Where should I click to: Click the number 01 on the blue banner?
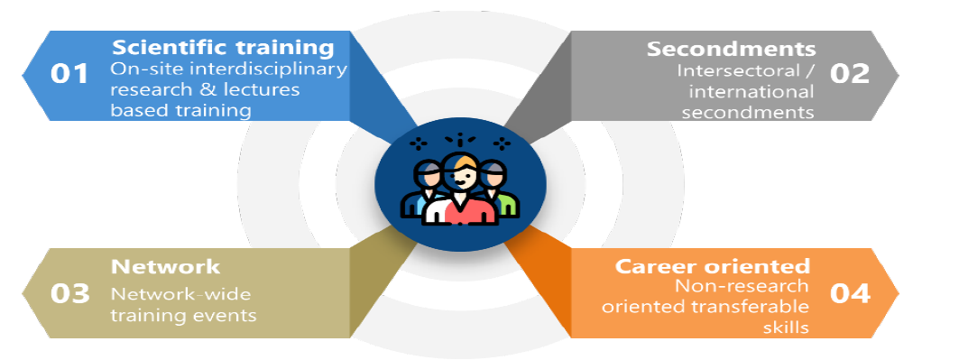[69, 74]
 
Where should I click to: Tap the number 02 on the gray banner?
[850, 73]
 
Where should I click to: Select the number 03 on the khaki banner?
[69, 293]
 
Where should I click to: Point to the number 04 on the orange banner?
[850, 293]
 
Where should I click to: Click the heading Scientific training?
[223, 48]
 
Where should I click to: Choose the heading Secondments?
[731, 49]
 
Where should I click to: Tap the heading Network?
[165, 267]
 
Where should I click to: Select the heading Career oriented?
[713, 266]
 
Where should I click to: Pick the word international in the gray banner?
[752, 92]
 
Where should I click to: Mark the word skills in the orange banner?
[786, 327]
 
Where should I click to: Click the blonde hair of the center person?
[463, 163]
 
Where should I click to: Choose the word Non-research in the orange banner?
[742, 285]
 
